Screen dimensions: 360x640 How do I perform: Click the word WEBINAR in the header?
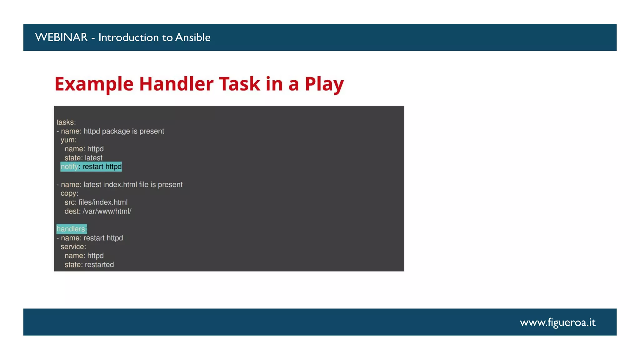coord(61,37)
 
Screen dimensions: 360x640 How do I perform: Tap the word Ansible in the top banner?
coord(192,37)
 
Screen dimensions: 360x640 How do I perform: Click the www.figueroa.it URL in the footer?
coord(557,322)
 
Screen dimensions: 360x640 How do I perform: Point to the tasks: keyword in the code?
coord(66,122)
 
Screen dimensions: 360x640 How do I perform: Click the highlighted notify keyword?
coord(69,167)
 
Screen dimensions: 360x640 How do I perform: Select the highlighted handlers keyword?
coord(71,229)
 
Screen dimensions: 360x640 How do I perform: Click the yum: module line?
coord(68,140)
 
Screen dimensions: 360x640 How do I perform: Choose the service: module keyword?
coord(73,247)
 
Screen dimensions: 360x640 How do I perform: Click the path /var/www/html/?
coord(107,211)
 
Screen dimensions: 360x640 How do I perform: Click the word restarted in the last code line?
coord(99,265)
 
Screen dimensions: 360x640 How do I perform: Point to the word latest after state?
coord(93,158)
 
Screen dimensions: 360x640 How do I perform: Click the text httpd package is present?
coord(123,131)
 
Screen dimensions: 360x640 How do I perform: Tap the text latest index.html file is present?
coord(133,185)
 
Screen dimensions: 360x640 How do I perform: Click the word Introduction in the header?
coord(128,37)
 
